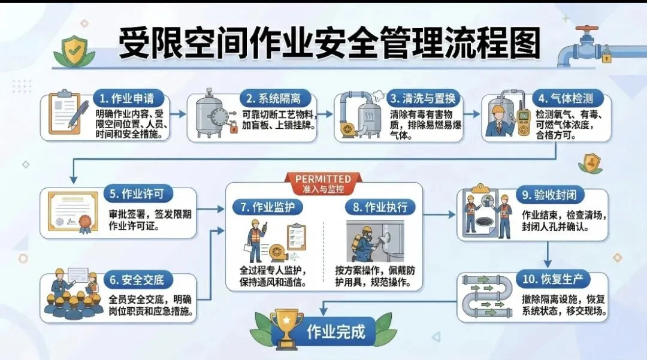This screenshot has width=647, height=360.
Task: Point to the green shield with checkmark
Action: [75, 52]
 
